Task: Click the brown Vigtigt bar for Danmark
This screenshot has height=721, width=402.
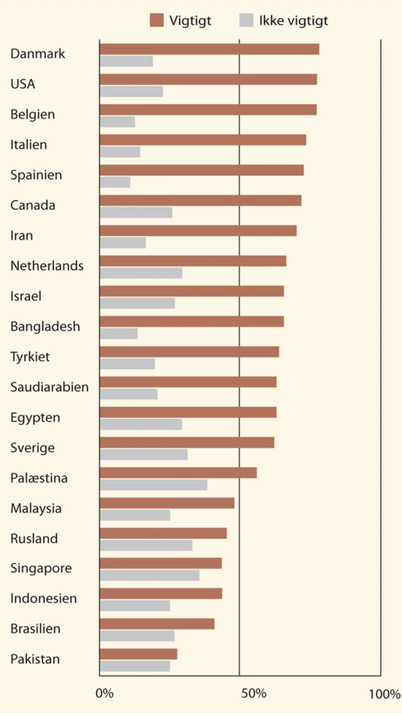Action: tap(209, 49)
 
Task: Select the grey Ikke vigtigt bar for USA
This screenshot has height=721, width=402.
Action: tap(131, 92)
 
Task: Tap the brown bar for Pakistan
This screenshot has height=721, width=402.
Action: tap(138, 654)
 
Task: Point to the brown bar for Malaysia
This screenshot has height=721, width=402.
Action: tap(167, 503)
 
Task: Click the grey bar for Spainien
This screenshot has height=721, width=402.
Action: tap(115, 182)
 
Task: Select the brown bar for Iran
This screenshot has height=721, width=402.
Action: tap(198, 231)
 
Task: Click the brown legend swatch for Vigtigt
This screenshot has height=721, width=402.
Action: tap(157, 20)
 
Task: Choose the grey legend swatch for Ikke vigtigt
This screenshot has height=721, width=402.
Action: tap(246, 20)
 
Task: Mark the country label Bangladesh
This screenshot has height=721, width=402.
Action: tap(45, 326)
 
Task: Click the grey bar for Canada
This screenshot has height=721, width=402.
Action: tap(136, 212)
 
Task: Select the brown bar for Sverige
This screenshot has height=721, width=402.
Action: tap(187, 442)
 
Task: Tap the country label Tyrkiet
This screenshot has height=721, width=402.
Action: tap(30, 357)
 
